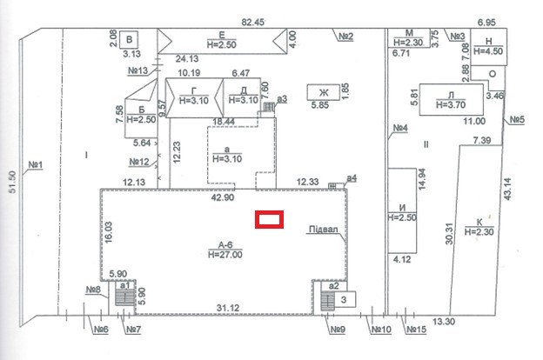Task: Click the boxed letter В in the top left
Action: coord(131,40)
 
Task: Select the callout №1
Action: coord(36,163)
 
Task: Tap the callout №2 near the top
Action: coord(345,36)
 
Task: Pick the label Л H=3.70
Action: coord(450,97)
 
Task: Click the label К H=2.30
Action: coord(479,227)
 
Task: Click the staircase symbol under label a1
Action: coord(125,297)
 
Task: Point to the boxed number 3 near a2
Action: coord(344,300)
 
